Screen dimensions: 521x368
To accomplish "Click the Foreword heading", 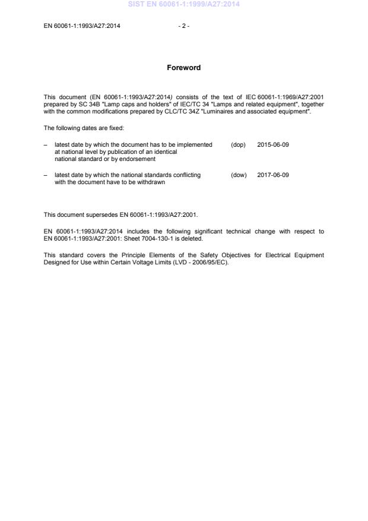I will [x=184, y=68].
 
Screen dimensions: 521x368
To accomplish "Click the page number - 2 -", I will [x=184, y=26].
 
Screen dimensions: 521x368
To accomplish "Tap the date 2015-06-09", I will [x=273, y=145].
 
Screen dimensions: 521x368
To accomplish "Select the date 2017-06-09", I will [x=273, y=175].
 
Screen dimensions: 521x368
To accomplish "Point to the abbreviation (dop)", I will [x=238, y=145].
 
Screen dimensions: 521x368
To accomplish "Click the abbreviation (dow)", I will [x=239, y=175].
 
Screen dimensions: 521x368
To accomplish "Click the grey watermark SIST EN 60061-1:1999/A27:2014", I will [x=184, y=5].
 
